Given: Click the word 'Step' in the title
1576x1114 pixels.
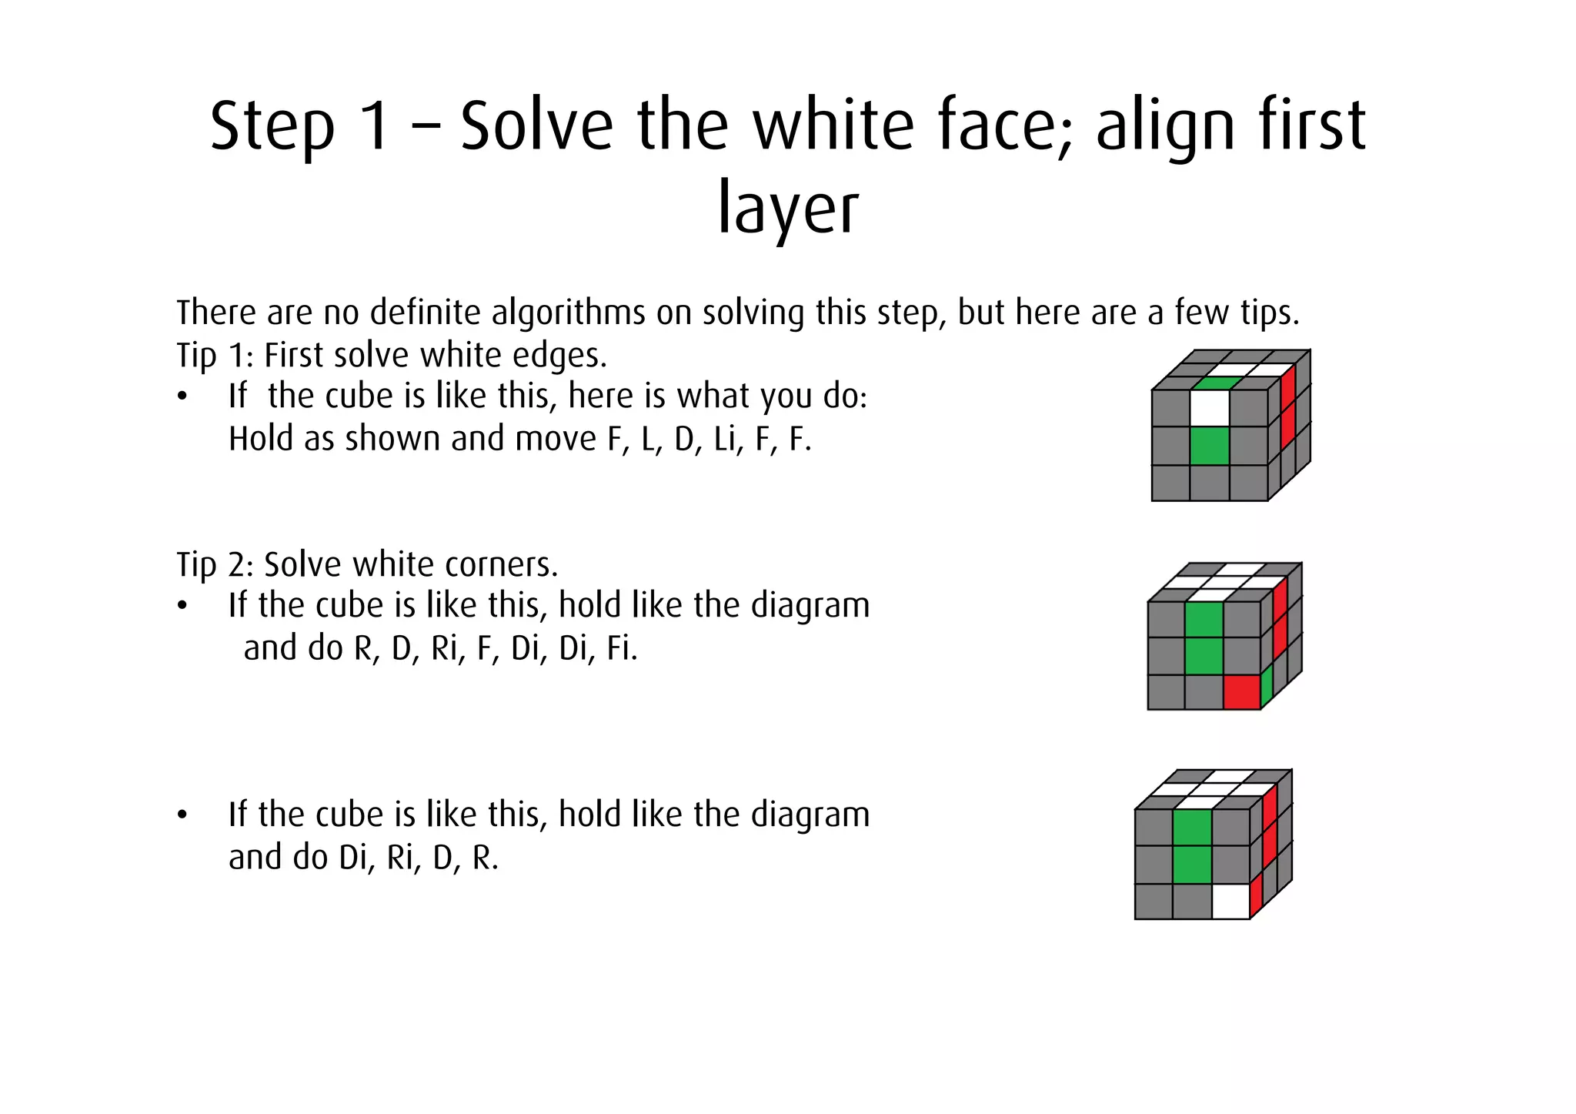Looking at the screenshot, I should coord(272,128).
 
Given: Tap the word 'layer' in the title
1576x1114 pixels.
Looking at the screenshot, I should coord(787,209).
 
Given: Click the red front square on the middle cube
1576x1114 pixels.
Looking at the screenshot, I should coord(1241,691).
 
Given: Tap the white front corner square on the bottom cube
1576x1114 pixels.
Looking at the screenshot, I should coord(1230,902).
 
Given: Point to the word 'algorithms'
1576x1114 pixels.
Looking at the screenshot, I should coord(569,313).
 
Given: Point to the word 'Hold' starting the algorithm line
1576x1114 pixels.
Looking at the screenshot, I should coord(261,439).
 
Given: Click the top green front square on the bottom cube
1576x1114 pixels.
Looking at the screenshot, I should coord(1192,828).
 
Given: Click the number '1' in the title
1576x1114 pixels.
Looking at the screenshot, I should coord(375,128).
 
